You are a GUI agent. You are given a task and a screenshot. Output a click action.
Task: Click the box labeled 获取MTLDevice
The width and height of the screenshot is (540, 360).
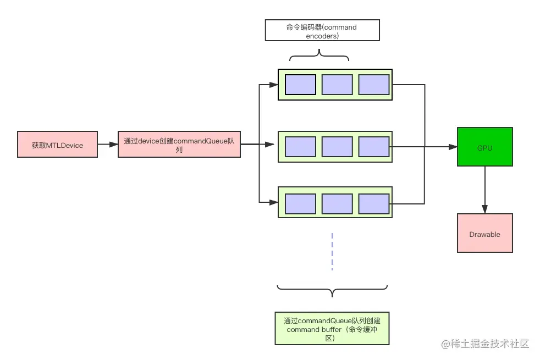[57, 145]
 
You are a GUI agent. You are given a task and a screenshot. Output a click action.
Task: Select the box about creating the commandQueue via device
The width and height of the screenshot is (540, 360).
[179, 145]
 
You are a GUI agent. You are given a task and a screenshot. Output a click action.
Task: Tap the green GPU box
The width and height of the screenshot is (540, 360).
[484, 147]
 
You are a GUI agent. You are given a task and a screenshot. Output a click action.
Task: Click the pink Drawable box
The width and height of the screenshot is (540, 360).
[484, 233]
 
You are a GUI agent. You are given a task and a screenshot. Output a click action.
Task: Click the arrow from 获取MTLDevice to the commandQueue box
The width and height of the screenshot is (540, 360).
[108, 145]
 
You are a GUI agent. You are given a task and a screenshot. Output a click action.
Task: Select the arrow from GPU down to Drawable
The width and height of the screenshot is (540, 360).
[484, 190]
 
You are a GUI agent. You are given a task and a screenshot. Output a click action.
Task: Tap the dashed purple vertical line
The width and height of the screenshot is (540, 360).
[332, 251]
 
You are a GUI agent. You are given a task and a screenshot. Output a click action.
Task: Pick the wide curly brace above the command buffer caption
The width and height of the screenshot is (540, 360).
[332, 290]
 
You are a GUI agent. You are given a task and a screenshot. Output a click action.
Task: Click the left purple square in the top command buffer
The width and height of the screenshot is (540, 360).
[300, 85]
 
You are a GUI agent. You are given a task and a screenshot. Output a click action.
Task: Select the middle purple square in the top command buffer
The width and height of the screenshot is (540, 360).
[337, 85]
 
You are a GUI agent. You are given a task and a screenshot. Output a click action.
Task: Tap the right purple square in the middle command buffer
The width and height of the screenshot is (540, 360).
[374, 147]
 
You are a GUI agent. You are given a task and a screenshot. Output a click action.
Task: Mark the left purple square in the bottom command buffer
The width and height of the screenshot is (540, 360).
[300, 203]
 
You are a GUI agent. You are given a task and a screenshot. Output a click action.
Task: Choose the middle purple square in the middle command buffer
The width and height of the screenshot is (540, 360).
[337, 147]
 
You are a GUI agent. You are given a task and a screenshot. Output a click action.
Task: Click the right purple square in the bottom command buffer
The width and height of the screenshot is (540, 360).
[374, 203]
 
